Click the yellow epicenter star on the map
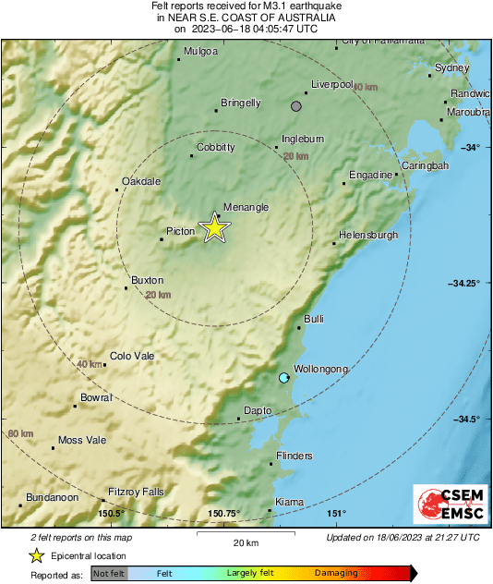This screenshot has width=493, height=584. pyautogui.click(x=214, y=227)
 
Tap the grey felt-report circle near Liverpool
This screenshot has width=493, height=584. pyautogui.click(x=296, y=106)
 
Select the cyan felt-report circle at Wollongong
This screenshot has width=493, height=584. pyautogui.click(x=284, y=377)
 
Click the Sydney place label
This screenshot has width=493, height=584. pyautogui.click(x=452, y=67)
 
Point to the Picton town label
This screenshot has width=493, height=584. pyautogui.click(x=181, y=231)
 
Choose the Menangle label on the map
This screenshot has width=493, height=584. pyautogui.click(x=246, y=207)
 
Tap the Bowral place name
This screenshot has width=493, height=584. pyautogui.click(x=96, y=397)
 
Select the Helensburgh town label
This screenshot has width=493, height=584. pyautogui.click(x=368, y=235)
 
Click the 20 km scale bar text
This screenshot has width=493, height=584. pyautogui.click(x=245, y=541)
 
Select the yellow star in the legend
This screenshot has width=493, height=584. pyautogui.click(x=36, y=555)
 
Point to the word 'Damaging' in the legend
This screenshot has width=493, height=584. pyautogui.click(x=335, y=573)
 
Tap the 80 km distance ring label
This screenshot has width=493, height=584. pyautogui.click(x=20, y=433)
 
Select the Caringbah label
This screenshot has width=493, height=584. pyautogui.click(x=425, y=165)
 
